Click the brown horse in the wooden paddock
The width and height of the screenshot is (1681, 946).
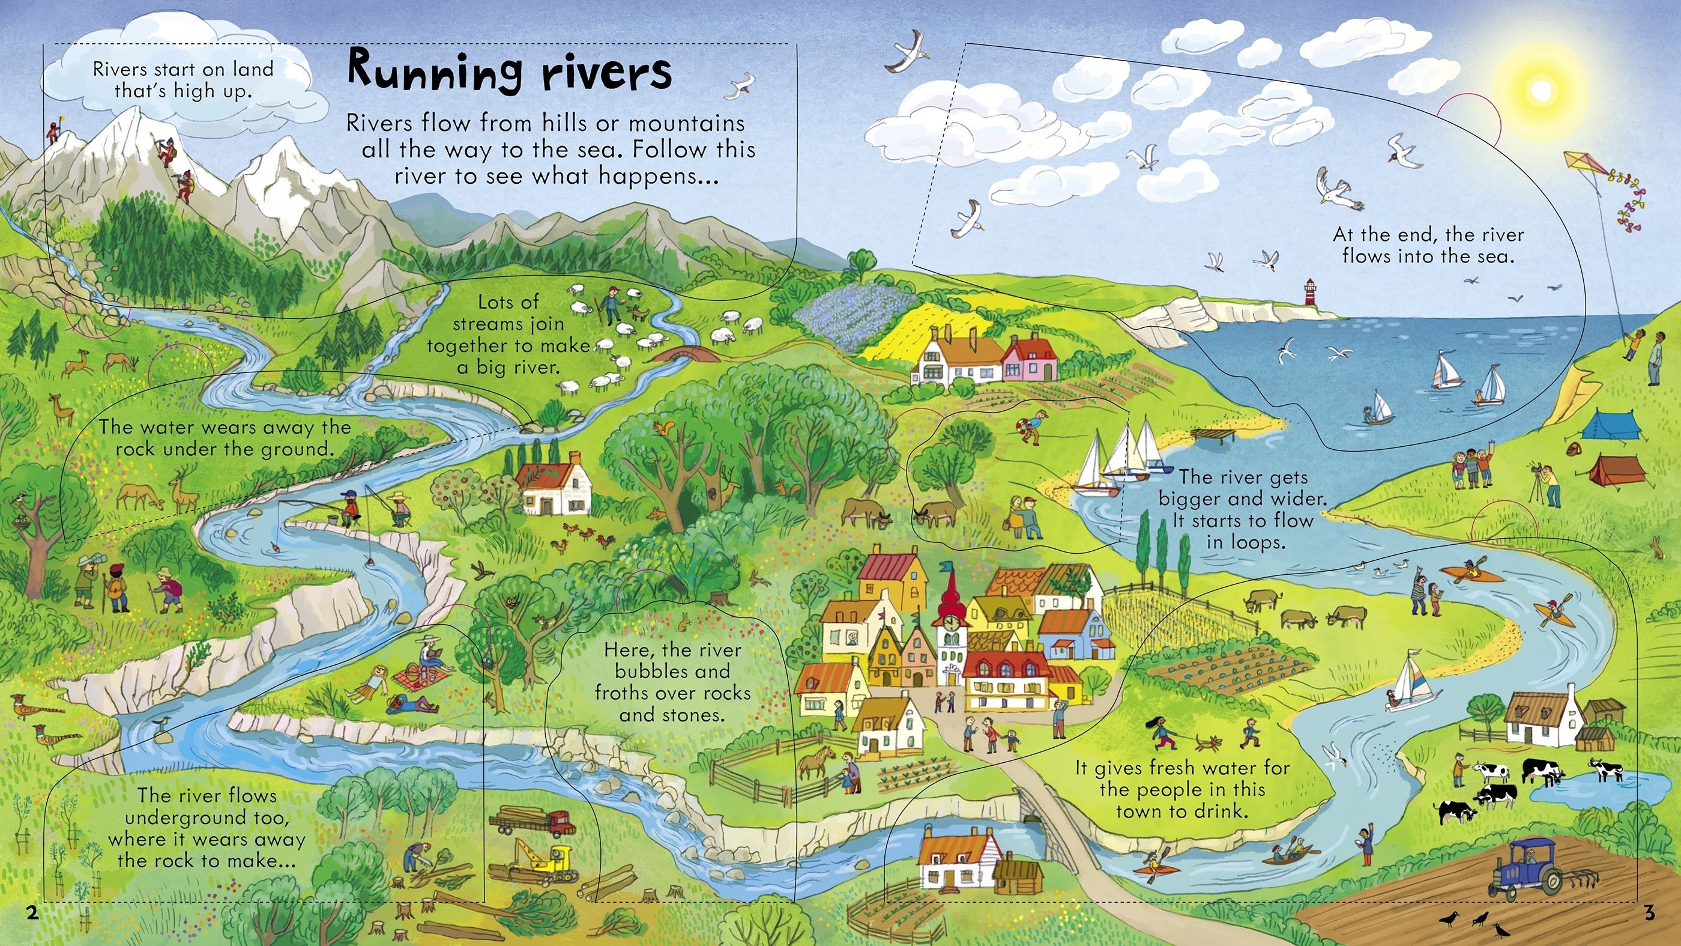815,760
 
